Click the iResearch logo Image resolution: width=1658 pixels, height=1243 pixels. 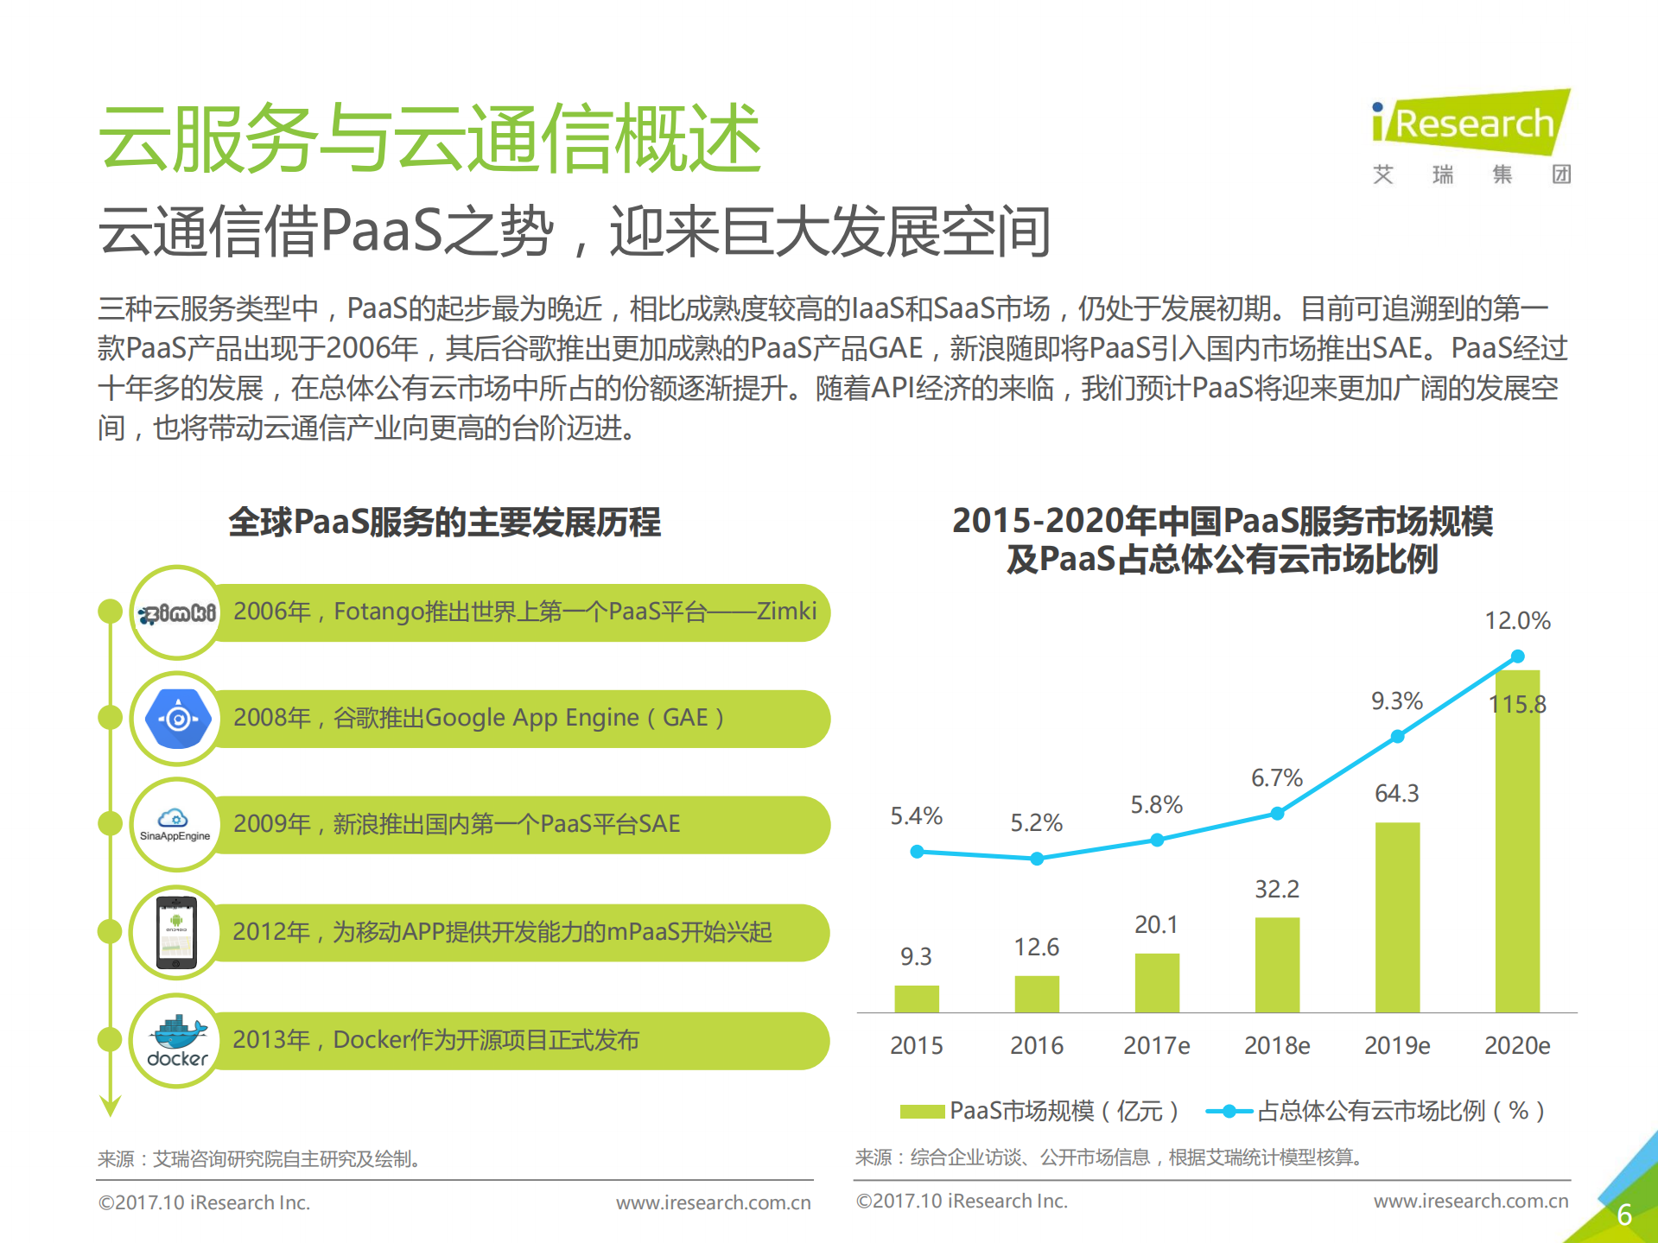pos(1471,125)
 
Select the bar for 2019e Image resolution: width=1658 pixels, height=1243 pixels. pos(1397,916)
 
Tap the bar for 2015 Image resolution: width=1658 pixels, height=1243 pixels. pos(916,998)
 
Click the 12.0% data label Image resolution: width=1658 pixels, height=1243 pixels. pos(1516,620)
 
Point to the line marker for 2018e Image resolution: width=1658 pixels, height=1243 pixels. pos(1277,813)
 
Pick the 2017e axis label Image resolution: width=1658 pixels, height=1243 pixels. pos(1156,1045)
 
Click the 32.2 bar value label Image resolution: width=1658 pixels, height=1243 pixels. pos(1276,889)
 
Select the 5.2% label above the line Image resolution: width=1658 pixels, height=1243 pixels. pos(1036,822)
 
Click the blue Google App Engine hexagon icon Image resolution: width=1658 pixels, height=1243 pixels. pos(178,718)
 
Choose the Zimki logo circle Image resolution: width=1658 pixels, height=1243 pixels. pos(177,612)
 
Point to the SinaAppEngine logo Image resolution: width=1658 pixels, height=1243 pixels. pos(175,825)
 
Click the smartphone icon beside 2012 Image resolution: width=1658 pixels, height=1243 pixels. pos(176,933)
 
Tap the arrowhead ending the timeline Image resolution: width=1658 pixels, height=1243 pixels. pos(110,1106)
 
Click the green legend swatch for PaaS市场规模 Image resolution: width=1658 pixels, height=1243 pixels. pos(921,1111)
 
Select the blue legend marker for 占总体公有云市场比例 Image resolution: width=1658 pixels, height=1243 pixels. pos(1228,1111)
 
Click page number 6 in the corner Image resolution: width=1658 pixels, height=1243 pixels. pos(1623,1214)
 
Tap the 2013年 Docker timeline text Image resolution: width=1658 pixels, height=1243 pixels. pos(435,1040)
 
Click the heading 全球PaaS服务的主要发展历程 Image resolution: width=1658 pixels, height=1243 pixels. pos(444,522)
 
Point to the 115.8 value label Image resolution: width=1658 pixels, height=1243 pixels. pos(1517,704)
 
